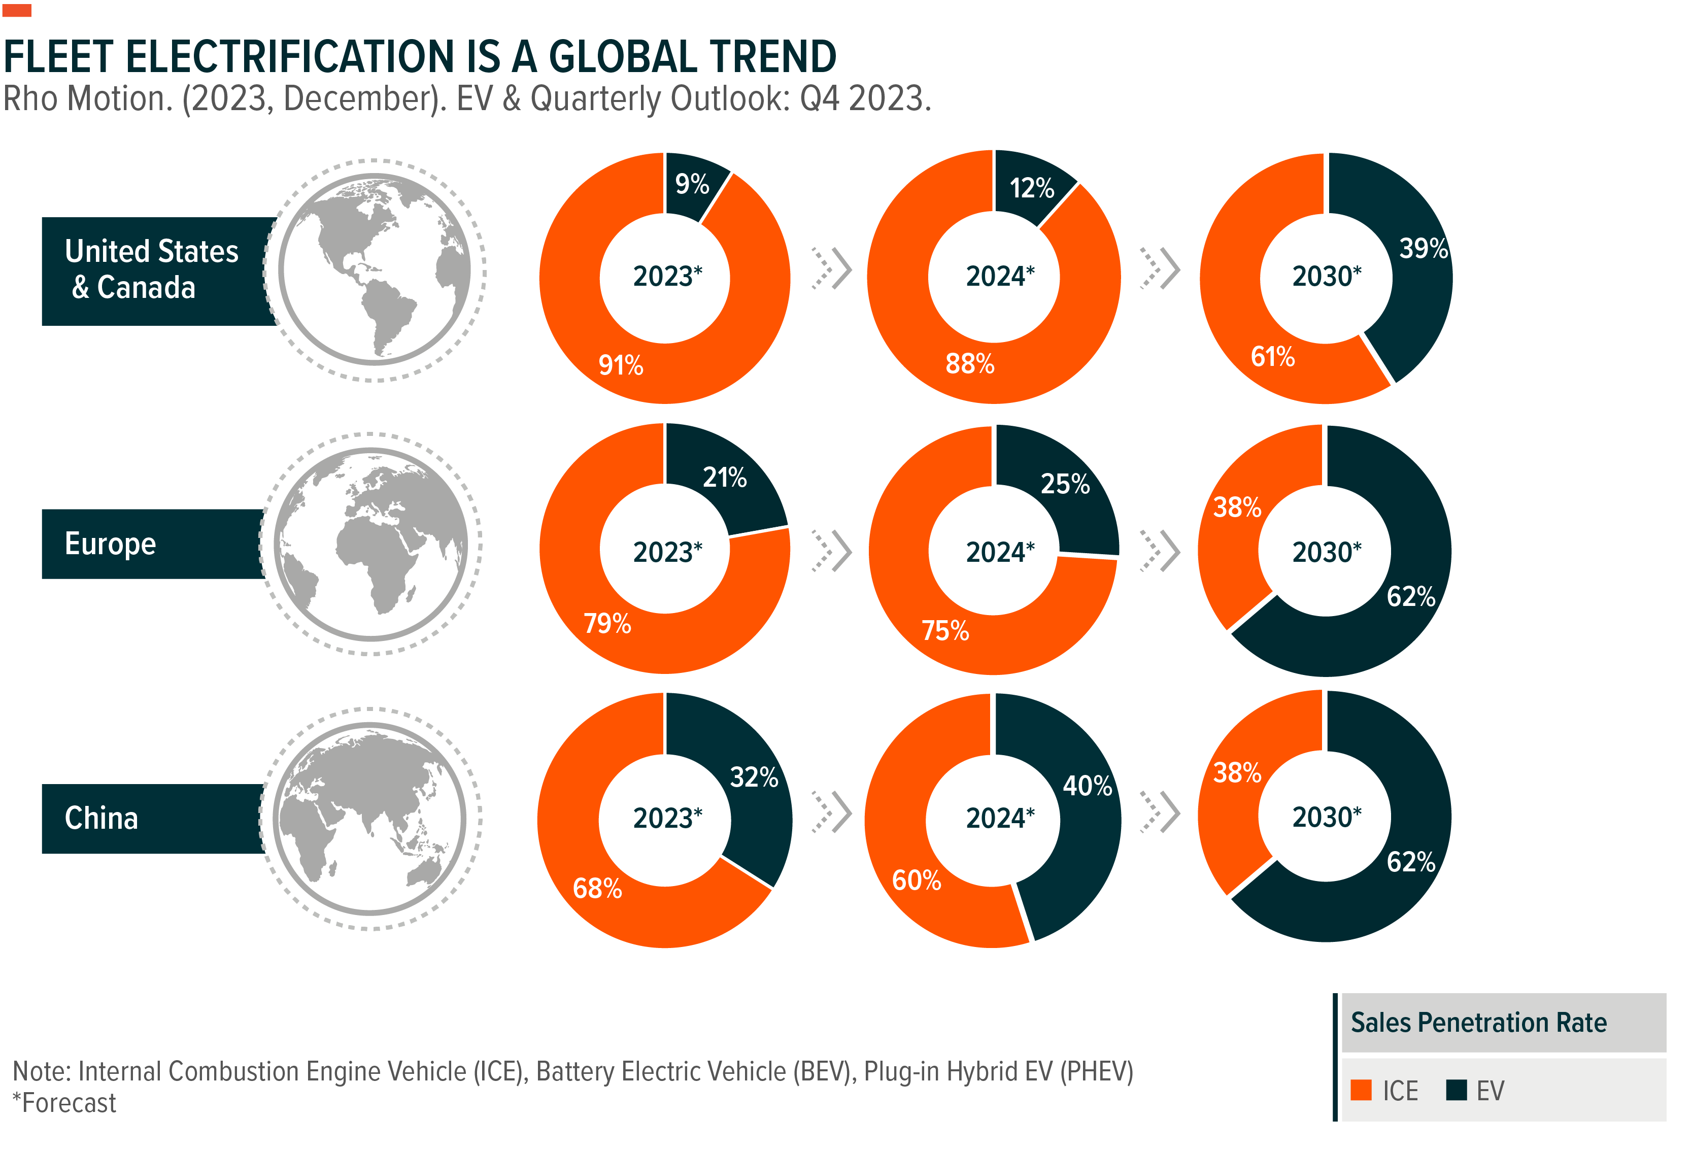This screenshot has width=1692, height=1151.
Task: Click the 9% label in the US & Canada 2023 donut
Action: tap(692, 184)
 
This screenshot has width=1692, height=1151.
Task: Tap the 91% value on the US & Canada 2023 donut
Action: tap(620, 365)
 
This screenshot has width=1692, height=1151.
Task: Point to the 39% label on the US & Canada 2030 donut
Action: tap(1424, 248)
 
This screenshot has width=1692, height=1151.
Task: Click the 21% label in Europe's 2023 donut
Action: tap(724, 478)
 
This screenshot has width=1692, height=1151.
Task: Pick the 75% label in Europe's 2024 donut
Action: tap(945, 630)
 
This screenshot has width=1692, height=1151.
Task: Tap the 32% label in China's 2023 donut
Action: tap(754, 777)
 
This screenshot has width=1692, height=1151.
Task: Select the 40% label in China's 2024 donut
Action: tap(1087, 786)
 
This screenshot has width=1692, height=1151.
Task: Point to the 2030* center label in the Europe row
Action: tap(1327, 552)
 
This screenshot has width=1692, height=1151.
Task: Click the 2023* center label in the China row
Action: tap(667, 818)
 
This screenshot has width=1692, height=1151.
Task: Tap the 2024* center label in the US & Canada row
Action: tap(1000, 277)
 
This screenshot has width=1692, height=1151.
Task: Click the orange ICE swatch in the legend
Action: tap(1361, 1090)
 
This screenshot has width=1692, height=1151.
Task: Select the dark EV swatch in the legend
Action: tap(1456, 1090)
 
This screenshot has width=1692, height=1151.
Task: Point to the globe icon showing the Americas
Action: tap(374, 269)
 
